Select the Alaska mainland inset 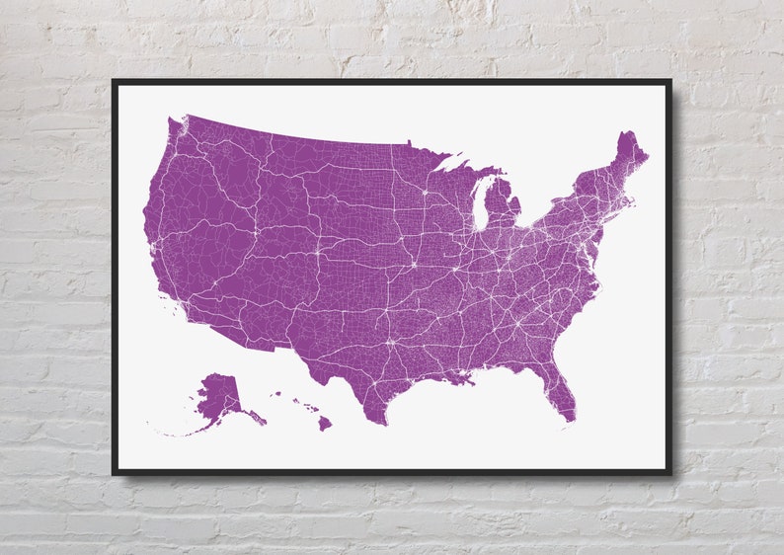click(217, 395)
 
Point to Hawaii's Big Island click(324, 424)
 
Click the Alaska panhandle click(254, 416)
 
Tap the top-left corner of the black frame click(115, 82)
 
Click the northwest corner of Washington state click(170, 121)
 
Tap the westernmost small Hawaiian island click(274, 394)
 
